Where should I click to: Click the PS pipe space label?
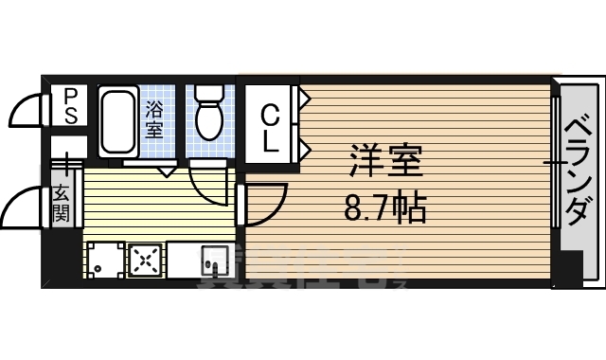[69, 105]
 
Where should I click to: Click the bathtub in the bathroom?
[118, 124]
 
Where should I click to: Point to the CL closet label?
[270, 129]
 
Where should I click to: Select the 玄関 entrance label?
[62, 205]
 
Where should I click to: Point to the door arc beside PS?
[27, 112]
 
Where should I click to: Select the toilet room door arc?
[207, 180]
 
